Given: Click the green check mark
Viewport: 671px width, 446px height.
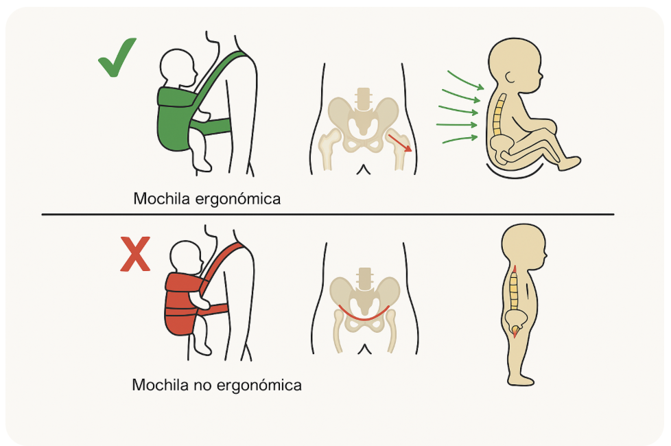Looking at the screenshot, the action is pyautogui.click(x=118, y=58).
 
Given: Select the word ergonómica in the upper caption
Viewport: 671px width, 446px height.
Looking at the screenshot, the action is pyautogui.click(x=239, y=200).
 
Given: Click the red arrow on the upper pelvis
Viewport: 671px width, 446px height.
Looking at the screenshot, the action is pyautogui.click(x=400, y=143).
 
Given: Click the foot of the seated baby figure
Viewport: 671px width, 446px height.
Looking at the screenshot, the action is pyautogui.click(x=569, y=163).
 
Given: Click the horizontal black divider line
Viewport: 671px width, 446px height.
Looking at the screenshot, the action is pyautogui.click(x=328, y=215).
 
